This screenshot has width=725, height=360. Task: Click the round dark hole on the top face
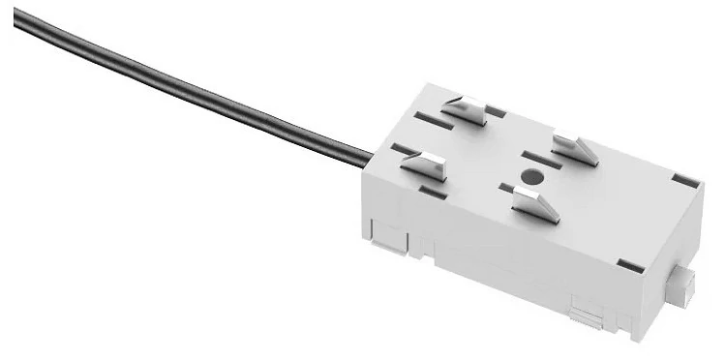[x=529, y=176]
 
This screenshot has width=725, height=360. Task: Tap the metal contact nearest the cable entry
[x=423, y=164]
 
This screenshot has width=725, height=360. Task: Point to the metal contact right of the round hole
[x=575, y=149]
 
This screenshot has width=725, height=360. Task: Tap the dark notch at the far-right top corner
[x=684, y=180]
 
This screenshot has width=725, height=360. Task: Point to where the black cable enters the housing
[x=371, y=154]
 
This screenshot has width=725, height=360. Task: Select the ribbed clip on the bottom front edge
[x=584, y=312]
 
